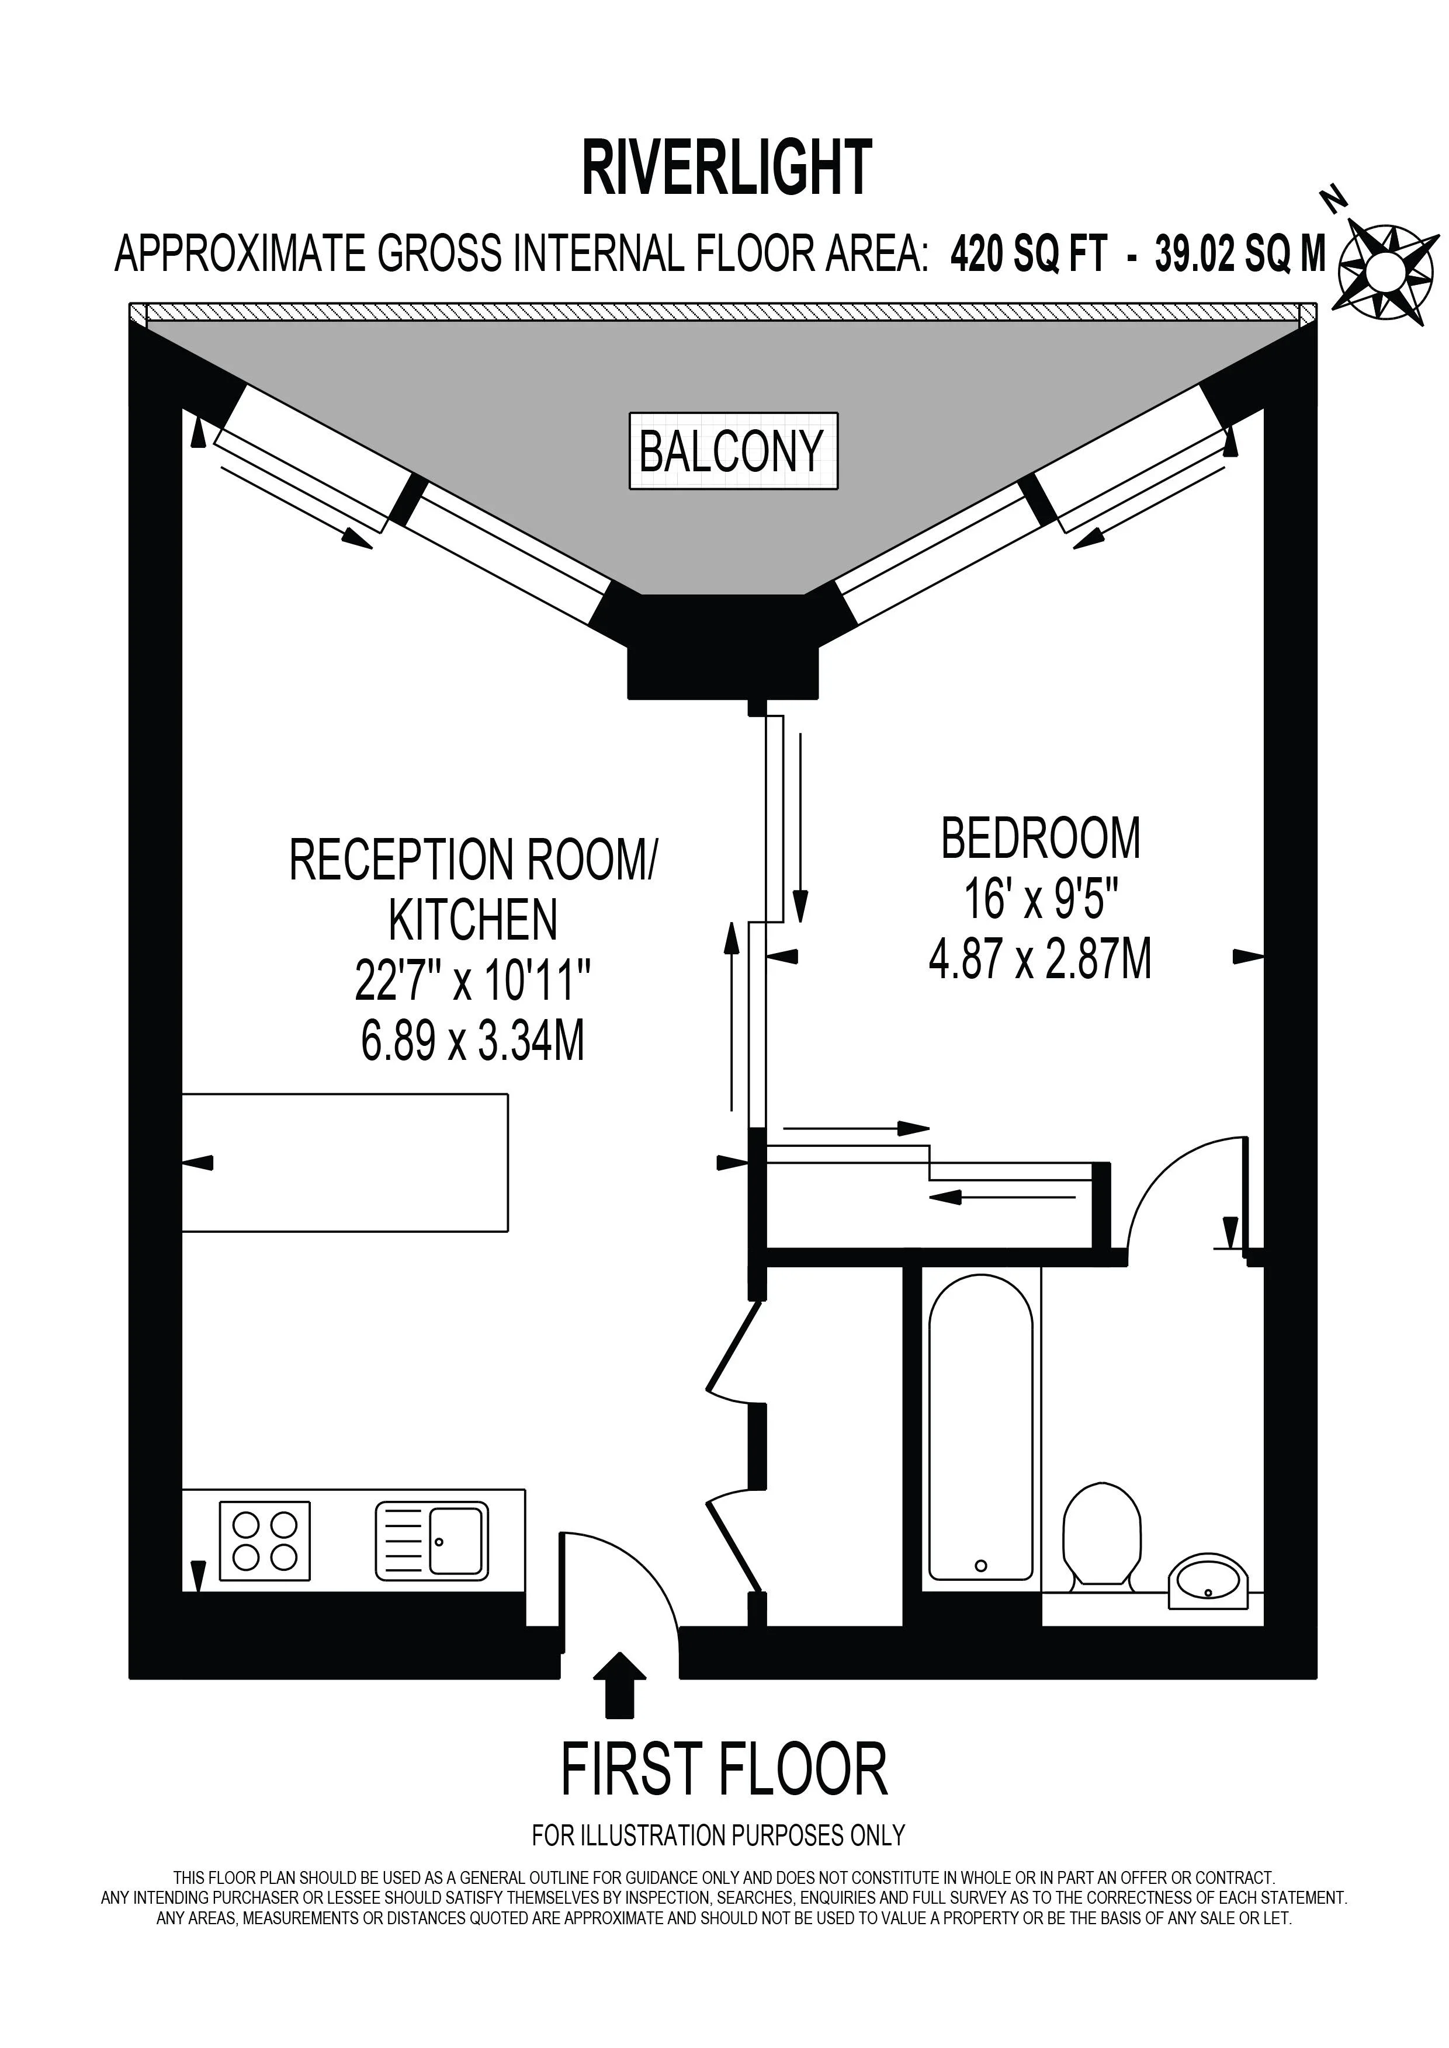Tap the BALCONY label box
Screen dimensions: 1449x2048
coord(733,450)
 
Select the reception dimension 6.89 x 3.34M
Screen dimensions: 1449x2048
coord(473,1041)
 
